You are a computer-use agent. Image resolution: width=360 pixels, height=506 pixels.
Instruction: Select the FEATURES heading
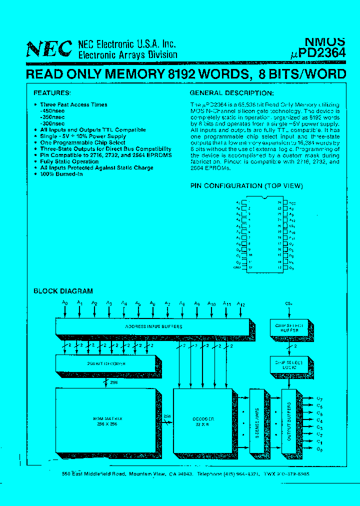click(52, 93)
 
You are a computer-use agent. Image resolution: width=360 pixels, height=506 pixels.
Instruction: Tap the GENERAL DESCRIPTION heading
click(231, 93)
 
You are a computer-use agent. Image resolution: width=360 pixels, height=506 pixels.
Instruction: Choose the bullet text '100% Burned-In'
click(61, 174)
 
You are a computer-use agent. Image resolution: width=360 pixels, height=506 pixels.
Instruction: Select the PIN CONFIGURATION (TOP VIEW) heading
click(246, 186)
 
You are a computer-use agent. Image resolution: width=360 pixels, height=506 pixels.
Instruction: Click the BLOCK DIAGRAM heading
click(63, 291)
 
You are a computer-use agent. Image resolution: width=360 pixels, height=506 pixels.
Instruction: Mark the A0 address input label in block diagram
click(64, 303)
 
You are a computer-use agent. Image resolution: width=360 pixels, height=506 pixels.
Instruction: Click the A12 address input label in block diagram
click(240, 303)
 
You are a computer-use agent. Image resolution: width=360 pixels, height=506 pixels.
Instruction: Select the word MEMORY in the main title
click(129, 74)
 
